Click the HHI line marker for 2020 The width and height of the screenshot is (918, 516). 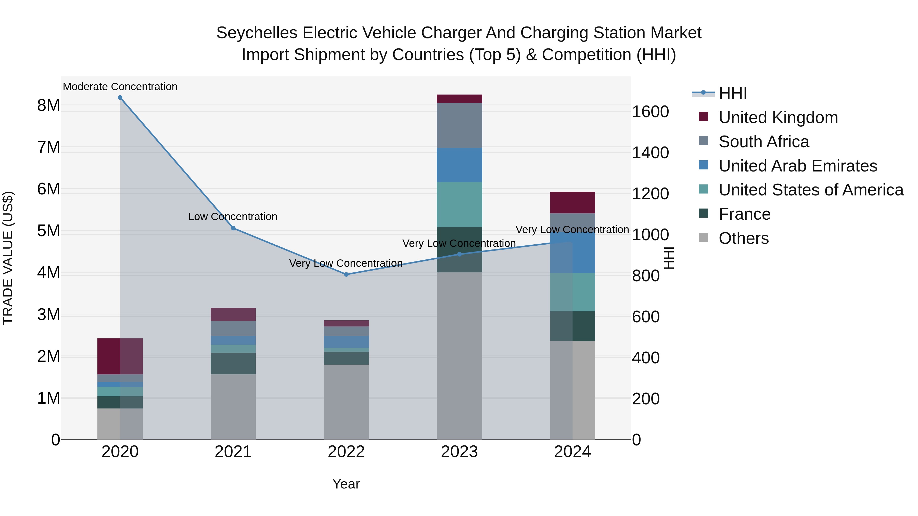(120, 98)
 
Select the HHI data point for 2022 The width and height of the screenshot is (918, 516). (346, 274)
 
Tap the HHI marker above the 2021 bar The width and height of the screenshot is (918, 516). (233, 228)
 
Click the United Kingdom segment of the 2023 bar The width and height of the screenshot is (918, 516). (459, 99)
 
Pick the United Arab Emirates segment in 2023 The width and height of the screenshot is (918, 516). (459, 165)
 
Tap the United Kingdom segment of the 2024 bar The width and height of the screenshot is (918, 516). (572, 203)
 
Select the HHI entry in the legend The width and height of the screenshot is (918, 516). (732, 93)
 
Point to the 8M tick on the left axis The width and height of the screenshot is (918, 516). (48, 105)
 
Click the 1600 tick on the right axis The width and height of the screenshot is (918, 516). (650, 112)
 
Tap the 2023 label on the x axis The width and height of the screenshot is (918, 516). (459, 452)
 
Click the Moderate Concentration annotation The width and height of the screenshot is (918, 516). (120, 87)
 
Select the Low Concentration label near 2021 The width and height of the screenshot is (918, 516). (233, 217)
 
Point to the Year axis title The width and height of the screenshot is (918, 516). (346, 484)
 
